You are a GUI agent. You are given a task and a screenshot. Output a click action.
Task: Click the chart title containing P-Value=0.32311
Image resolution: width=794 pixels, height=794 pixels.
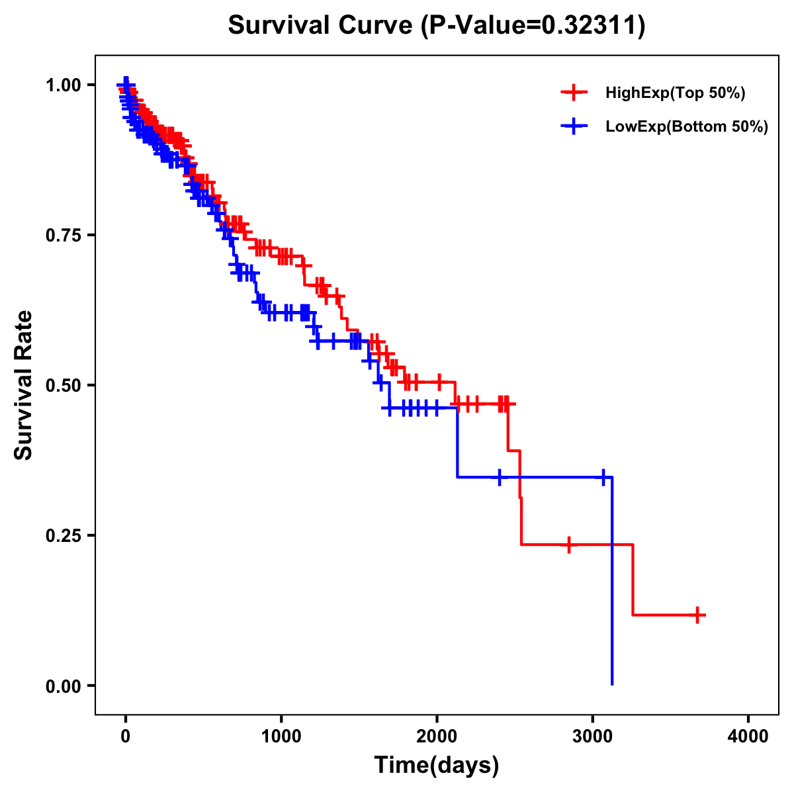pyautogui.click(x=436, y=26)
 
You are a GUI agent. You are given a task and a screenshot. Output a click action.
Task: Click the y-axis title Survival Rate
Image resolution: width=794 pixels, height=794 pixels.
pyautogui.click(x=24, y=384)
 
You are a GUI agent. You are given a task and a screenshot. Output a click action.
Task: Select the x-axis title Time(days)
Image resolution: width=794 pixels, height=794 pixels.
pyautogui.click(x=437, y=765)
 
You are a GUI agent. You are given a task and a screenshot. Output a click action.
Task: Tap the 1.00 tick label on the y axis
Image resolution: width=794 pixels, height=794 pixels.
pyautogui.click(x=63, y=85)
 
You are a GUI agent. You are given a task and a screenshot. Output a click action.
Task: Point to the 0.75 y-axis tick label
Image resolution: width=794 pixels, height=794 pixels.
pyautogui.click(x=63, y=236)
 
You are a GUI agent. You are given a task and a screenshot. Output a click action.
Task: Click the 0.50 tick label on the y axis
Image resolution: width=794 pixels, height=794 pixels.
pyautogui.click(x=63, y=386)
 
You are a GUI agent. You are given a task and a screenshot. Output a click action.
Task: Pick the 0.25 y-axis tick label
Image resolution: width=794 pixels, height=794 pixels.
pyautogui.click(x=63, y=536)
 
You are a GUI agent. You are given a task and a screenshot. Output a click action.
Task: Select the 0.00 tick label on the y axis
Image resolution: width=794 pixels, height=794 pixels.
pyautogui.click(x=63, y=686)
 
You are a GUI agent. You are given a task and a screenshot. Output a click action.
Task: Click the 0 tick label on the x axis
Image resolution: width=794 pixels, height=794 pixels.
pyautogui.click(x=126, y=736)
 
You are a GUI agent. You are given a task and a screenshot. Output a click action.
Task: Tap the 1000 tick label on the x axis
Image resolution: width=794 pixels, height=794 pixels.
pyautogui.click(x=281, y=736)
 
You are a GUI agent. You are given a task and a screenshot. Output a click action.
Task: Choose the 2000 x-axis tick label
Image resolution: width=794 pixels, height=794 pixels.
pyautogui.click(x=437, y=736)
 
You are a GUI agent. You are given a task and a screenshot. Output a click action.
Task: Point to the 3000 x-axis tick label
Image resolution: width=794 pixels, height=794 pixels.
pyautogui.click(x=593, y=736)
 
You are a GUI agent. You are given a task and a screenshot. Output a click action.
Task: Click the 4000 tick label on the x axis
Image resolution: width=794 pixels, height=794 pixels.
pyautogui.click(x=748, y=736)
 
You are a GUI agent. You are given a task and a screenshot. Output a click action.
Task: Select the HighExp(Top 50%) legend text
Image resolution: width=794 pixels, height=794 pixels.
pyautogui.click(x=676, y=93)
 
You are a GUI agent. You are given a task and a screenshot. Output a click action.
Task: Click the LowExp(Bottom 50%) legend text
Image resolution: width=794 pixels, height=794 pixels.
pyautogui.click(x=687, y=127)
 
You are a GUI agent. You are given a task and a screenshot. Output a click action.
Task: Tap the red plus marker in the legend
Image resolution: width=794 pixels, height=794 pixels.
pyautogui.click(x=574, y=93)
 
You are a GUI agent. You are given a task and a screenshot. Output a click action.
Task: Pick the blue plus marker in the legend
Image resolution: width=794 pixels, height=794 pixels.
pyautogui.click(x=574, y=126)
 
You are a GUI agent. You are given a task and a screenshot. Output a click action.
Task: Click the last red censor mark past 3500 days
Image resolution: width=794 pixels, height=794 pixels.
pyautogui.click(x=697, y=615)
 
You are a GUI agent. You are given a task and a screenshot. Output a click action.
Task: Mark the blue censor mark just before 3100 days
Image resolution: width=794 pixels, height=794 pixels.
pyautogui.click(x=603, y=476)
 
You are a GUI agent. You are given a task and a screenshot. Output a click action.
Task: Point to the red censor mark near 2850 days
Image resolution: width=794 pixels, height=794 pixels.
pyautogui.click(x=568, y=545)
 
